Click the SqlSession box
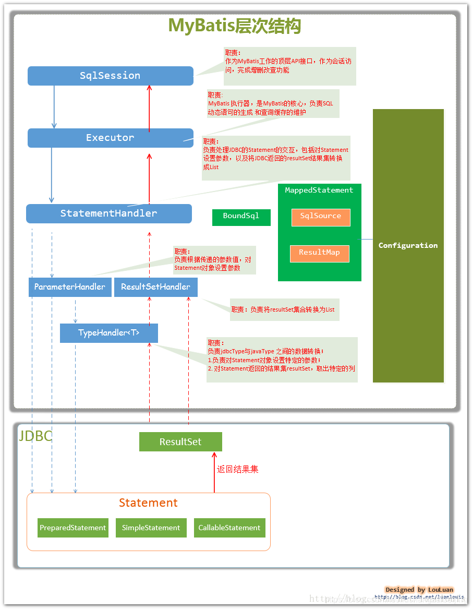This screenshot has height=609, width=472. pyautogui.click(x=110, y=76)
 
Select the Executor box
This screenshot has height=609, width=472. pyautogui.click(x=110, y=138)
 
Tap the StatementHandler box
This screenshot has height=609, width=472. pyautogui.click(x=108, y=213)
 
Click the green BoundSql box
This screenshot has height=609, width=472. pyautogui.click(x=241, y=217)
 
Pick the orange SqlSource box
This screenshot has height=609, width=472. pyautogui.click(x=320, y=217)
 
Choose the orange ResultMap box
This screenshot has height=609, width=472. pyautogui.click(x=319, y=253)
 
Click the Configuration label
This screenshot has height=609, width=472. pyautogui.click(x=408, y=245)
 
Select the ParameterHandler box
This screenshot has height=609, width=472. pyautogui.click(x=70, y=287)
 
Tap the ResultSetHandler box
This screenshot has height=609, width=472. pyautogui.click(x=155, y=287)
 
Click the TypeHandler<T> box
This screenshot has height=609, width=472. pyautogui.click(x=108, y=333)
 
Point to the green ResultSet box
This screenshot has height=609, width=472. pyautogui.click(x=180, y=441)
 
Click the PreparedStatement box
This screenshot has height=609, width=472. pyautogui.click(x=73, y=528)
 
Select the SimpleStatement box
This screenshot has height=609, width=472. pyautogui.click(x=151, y=528)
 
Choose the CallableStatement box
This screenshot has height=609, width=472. pyautogui.click(x=229, y=528)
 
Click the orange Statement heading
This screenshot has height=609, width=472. pyautogui.click(x=148, y=503)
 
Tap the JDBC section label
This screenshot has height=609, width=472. pyautogui.click(x=35, y=436)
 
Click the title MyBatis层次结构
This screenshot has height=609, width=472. pyautogui.click(x=234, y=26)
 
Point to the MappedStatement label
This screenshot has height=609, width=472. pyautogui.click(x=319, y=190)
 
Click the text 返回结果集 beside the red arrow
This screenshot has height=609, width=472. pyautogui.click(x=238, y=469)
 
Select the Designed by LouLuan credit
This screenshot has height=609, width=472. pyautogui.click(x=419, y=589)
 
